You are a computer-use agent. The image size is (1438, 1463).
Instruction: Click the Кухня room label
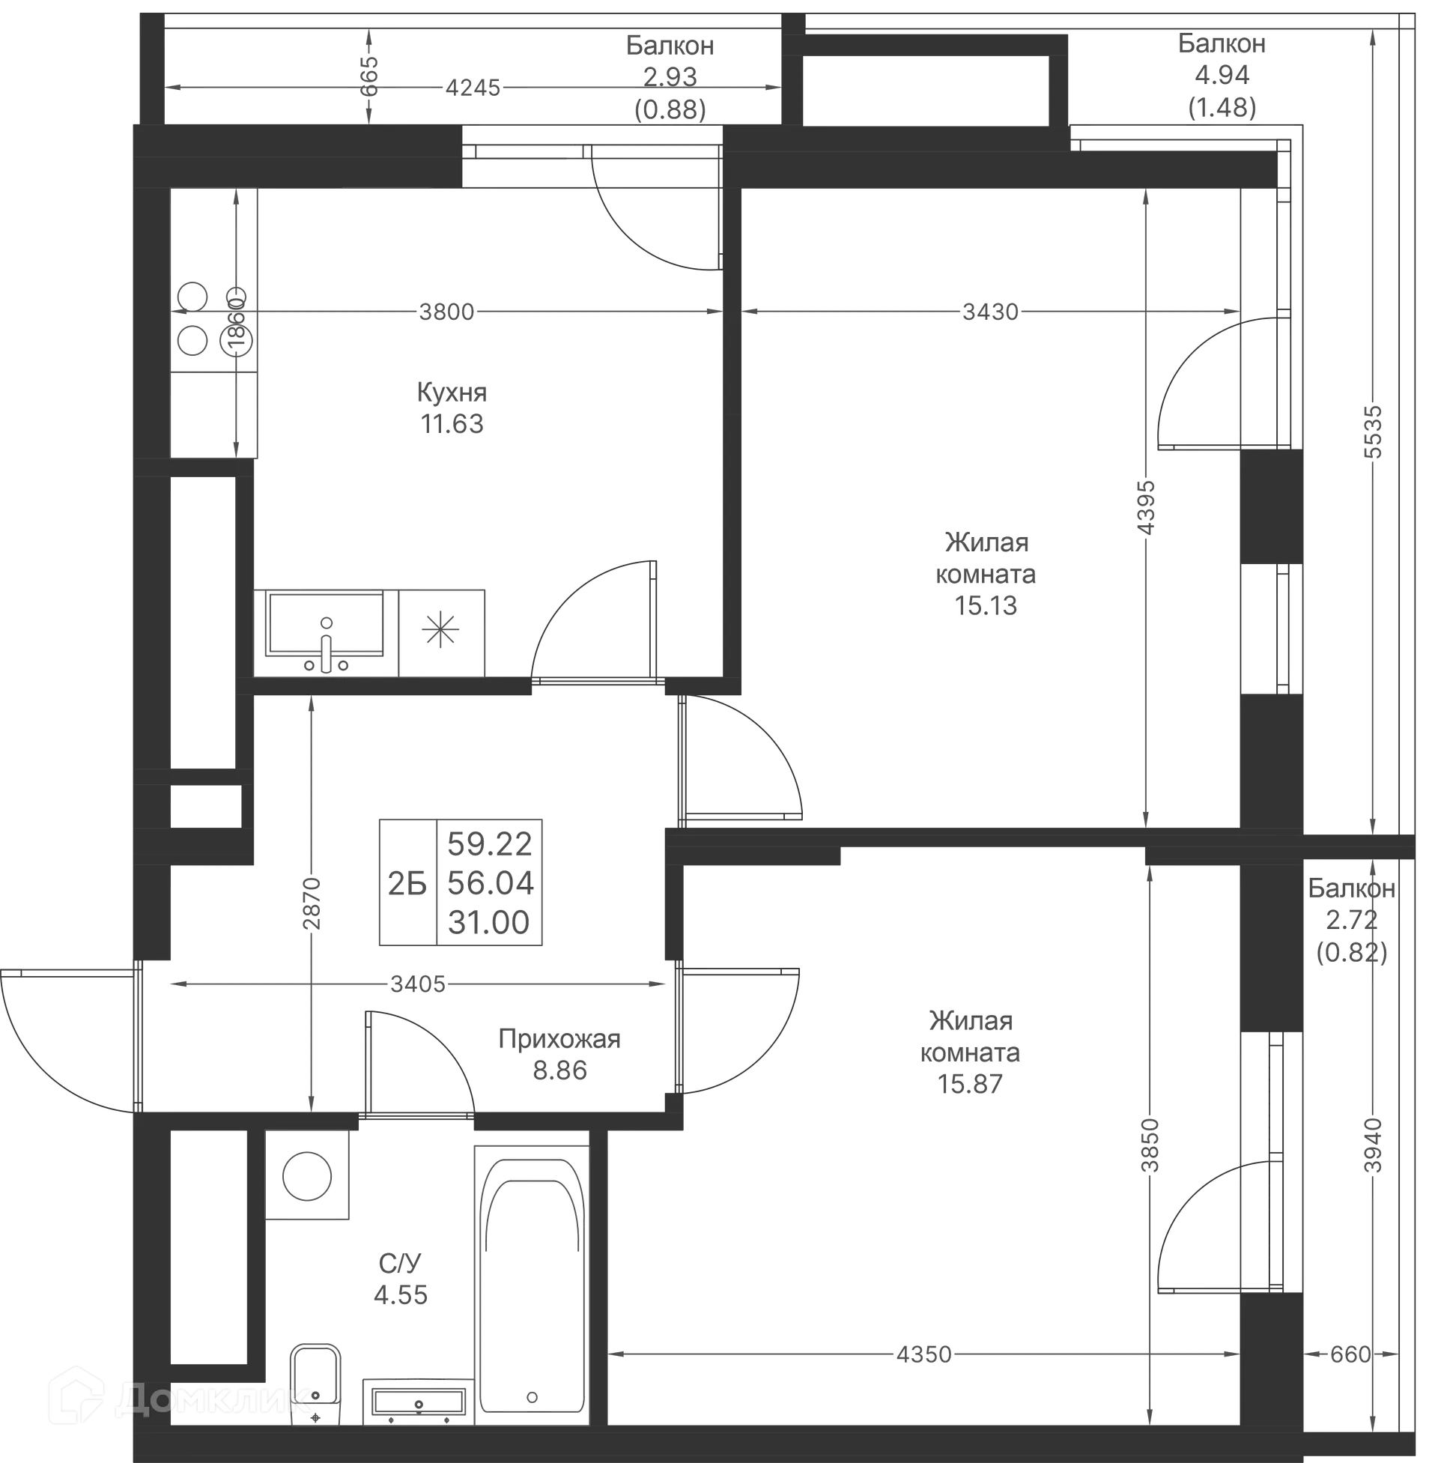tap(452, 393)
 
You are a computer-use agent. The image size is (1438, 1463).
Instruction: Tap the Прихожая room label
tap(559, 1039)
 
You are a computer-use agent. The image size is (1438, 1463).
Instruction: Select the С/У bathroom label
tap(399, 1263)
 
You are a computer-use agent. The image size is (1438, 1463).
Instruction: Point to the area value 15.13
tap(986, 606)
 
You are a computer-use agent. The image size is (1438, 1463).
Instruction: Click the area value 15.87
tap(970, 1084)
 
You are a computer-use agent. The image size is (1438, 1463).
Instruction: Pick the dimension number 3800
tap(446, 311)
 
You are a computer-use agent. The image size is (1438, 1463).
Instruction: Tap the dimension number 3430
tap(990, 311)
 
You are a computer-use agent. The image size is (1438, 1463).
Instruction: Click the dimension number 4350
tap(923, 1354)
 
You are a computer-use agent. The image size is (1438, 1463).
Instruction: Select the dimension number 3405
tap(418, 984)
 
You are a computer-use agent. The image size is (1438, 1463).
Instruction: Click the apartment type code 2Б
tap(407, 882)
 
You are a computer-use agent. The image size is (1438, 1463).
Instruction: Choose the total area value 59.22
tap(489, 843)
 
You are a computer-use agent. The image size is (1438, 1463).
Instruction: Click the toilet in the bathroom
tap(316, 1384)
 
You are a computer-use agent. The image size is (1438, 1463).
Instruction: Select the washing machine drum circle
tap(306, 1176)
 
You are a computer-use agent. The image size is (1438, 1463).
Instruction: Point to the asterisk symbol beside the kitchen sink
tap(441, 631)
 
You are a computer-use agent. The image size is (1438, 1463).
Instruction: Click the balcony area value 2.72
tap(1351, 920)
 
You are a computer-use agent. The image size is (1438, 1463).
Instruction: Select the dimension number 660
tap(1350, 1354)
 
